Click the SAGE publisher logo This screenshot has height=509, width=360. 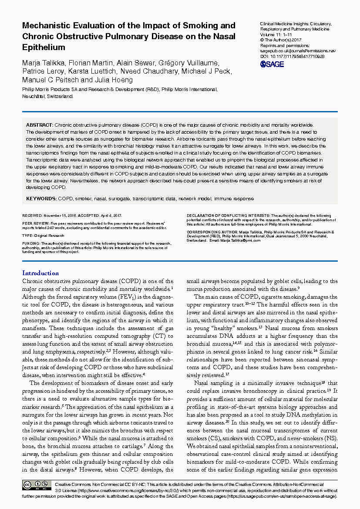[x=272, y=64]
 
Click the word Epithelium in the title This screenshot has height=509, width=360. [x=44, y=47]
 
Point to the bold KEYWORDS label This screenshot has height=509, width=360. [x=41, y=199]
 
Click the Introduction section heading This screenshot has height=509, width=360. [x=40, y=273]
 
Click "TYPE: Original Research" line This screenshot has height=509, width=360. [x=43, y=235]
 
